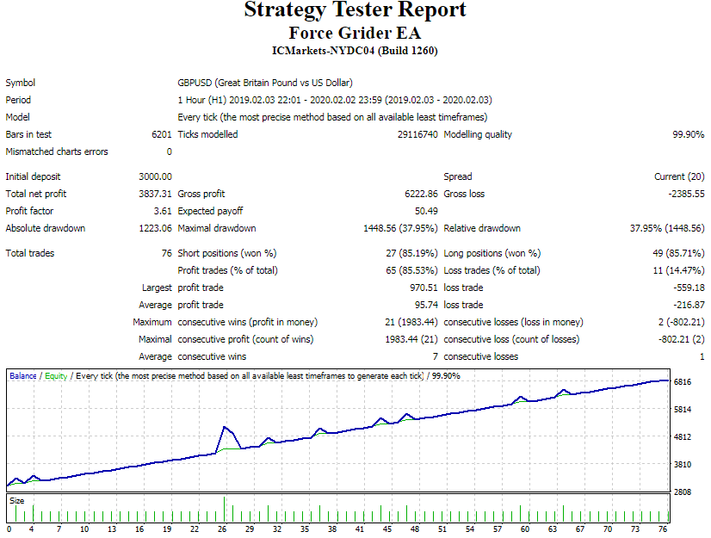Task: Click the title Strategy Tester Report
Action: [355, 11]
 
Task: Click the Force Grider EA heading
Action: [355, 34]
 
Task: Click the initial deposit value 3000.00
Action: [155, 176]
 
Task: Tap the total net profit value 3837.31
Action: [155, 194]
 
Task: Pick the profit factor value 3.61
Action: [163, 211]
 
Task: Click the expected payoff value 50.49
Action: [426, 211]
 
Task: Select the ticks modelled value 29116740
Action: [417, 134]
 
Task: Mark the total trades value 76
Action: [166, 253]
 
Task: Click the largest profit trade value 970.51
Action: [424, 288]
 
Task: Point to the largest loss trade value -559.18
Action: [687, 288]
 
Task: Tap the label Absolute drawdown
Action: [46, 228]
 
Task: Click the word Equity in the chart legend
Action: [56, 376]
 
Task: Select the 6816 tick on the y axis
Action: [683, 381]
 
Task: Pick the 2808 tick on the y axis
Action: [683, 492]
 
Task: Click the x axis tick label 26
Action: [222, 529]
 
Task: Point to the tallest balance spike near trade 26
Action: [225, 427]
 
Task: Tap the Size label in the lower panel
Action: [17, 500]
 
